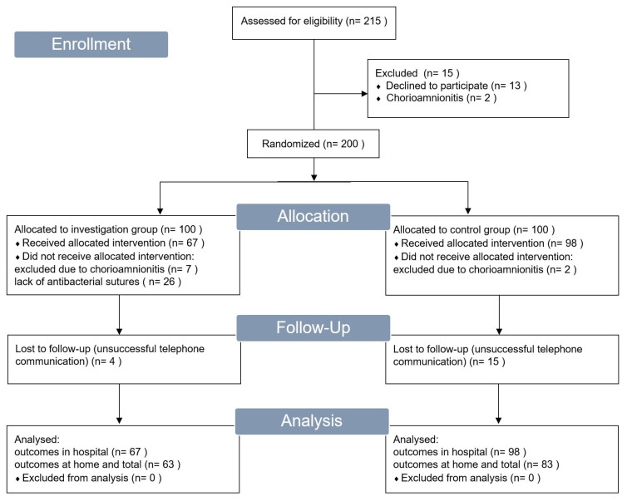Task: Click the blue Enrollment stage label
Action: tap(91, 44)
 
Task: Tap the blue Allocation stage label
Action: tap(313, 217)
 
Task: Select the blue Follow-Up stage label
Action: tap(313, 327)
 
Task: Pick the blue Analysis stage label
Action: tap(312, 421)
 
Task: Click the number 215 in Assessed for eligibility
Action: tap(372, 21)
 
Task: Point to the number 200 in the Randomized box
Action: tap(349, 144)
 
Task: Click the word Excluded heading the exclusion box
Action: tap(397, 73)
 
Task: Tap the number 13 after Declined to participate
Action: tap(515, 86)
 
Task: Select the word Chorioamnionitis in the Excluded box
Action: tap(425, 98)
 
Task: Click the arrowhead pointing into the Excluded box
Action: tap(364, 94)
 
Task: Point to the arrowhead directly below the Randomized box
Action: tap(313, 178)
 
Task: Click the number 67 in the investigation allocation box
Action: tap(192, 243)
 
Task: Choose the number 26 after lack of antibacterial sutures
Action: tap(169, 282)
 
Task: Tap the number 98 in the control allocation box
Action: tap(571, 243)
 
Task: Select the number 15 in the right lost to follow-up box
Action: tap(493, 361)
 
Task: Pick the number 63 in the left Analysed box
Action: tap(168, 464)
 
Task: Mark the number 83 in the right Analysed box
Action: tap(547, 464)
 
